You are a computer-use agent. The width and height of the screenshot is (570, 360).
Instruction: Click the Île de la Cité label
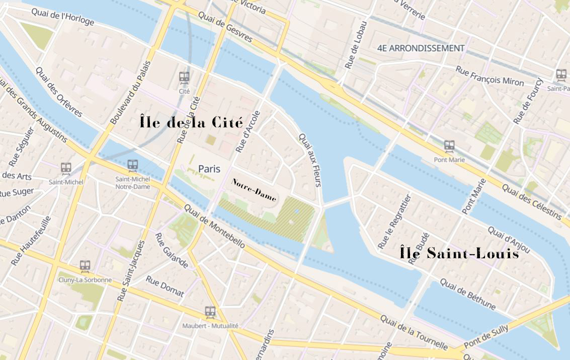(x=191, y=122)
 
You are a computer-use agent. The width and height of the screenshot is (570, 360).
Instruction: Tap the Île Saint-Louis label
(x=459, y=253)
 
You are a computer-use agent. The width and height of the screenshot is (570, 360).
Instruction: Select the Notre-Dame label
(x=254, y=189)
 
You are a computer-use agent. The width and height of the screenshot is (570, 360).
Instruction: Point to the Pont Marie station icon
(x=449, y=147)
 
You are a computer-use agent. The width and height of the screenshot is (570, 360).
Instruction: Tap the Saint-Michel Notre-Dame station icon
(x=133, y=165)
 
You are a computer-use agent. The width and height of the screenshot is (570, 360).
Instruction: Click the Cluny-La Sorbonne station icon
(x=85, y=266)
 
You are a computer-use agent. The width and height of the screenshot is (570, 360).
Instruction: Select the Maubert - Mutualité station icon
(x=210, y=312)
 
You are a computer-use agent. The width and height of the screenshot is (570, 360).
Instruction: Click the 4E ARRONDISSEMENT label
(x=421, y=48)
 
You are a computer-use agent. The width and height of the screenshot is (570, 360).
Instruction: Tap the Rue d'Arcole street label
(x=249, y=132)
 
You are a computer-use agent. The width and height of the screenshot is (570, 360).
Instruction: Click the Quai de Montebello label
(x=214, y=226)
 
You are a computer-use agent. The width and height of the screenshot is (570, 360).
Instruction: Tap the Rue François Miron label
(x=490, y=76)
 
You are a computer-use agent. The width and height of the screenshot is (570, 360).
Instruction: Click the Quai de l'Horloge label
(x=62, y=16)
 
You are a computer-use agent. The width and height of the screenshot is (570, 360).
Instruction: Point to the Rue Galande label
(x=172, y=251)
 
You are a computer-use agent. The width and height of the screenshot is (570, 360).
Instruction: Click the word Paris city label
(x=209, y=169)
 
